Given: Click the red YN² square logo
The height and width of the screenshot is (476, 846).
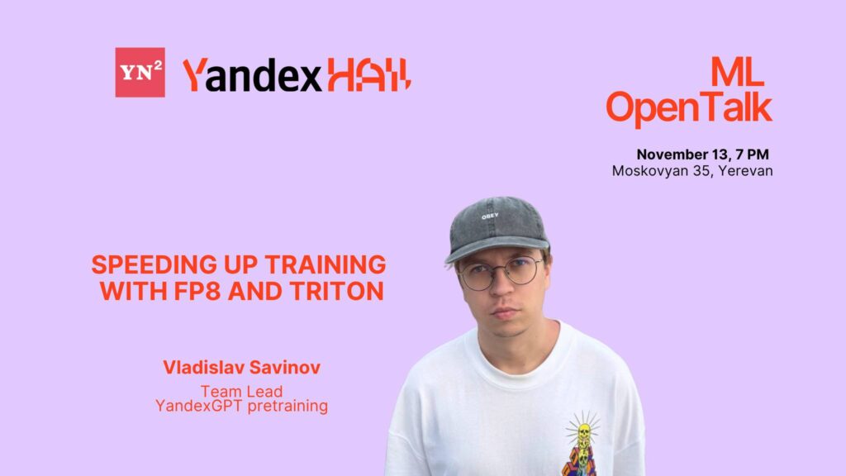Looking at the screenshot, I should pos(140,72).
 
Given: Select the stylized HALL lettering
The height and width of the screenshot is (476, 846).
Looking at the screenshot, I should pos(368,75).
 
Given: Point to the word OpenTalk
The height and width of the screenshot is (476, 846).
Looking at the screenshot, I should pos(689,108).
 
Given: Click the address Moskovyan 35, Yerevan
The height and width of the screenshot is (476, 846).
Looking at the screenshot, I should pos(692,171).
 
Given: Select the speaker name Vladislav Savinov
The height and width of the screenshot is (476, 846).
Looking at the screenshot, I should pos(242,368).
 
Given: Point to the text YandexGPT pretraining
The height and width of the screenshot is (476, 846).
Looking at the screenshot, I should pos(242,406).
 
